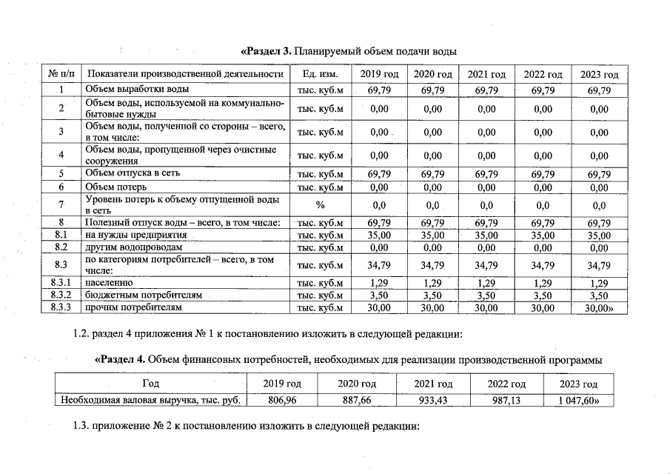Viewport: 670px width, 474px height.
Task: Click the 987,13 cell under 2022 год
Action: click(x=507, y=401)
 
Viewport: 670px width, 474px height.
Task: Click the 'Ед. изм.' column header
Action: click(x=320, y=75)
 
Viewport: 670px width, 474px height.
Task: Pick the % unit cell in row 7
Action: click(x=320, y=204)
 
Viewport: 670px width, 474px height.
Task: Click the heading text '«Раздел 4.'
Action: click(x=121, y=359)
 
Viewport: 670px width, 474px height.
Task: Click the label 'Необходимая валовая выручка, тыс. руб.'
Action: click(x=151, y=401)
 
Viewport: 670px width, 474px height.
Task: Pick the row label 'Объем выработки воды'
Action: click(x=131, y=90)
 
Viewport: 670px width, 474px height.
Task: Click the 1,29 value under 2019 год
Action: click(x=378, y=283)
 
